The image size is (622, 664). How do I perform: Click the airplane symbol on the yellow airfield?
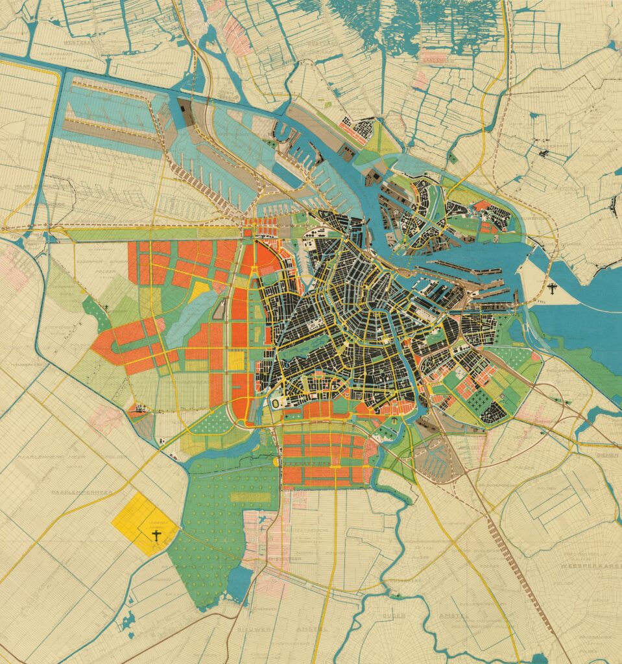(x=156, y=535)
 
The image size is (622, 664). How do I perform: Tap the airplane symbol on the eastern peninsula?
(x=552, y=288)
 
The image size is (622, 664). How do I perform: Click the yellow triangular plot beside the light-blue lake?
(x=200, y=290)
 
